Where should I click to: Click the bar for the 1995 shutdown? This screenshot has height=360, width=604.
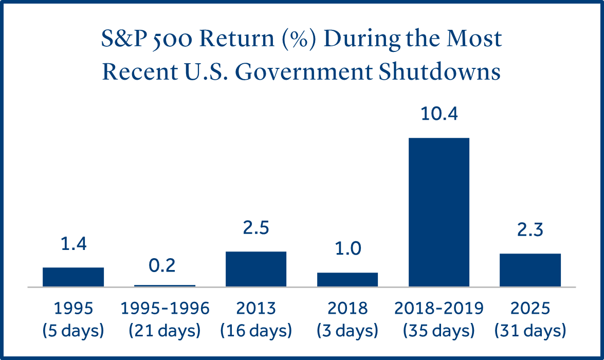73,277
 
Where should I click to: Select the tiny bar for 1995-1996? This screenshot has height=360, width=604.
164,285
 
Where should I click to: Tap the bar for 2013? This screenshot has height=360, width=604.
256,269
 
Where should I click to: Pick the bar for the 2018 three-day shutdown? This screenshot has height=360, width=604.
347,279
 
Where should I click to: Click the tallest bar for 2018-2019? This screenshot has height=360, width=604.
439,212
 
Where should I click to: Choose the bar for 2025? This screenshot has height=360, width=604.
530,270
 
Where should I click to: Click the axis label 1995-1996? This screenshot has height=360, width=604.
164,309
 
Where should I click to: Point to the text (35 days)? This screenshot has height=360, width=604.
439,330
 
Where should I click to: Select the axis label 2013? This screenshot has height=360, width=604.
256,309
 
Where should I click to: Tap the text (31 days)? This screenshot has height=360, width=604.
530,330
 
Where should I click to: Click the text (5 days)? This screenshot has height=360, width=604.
73,330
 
